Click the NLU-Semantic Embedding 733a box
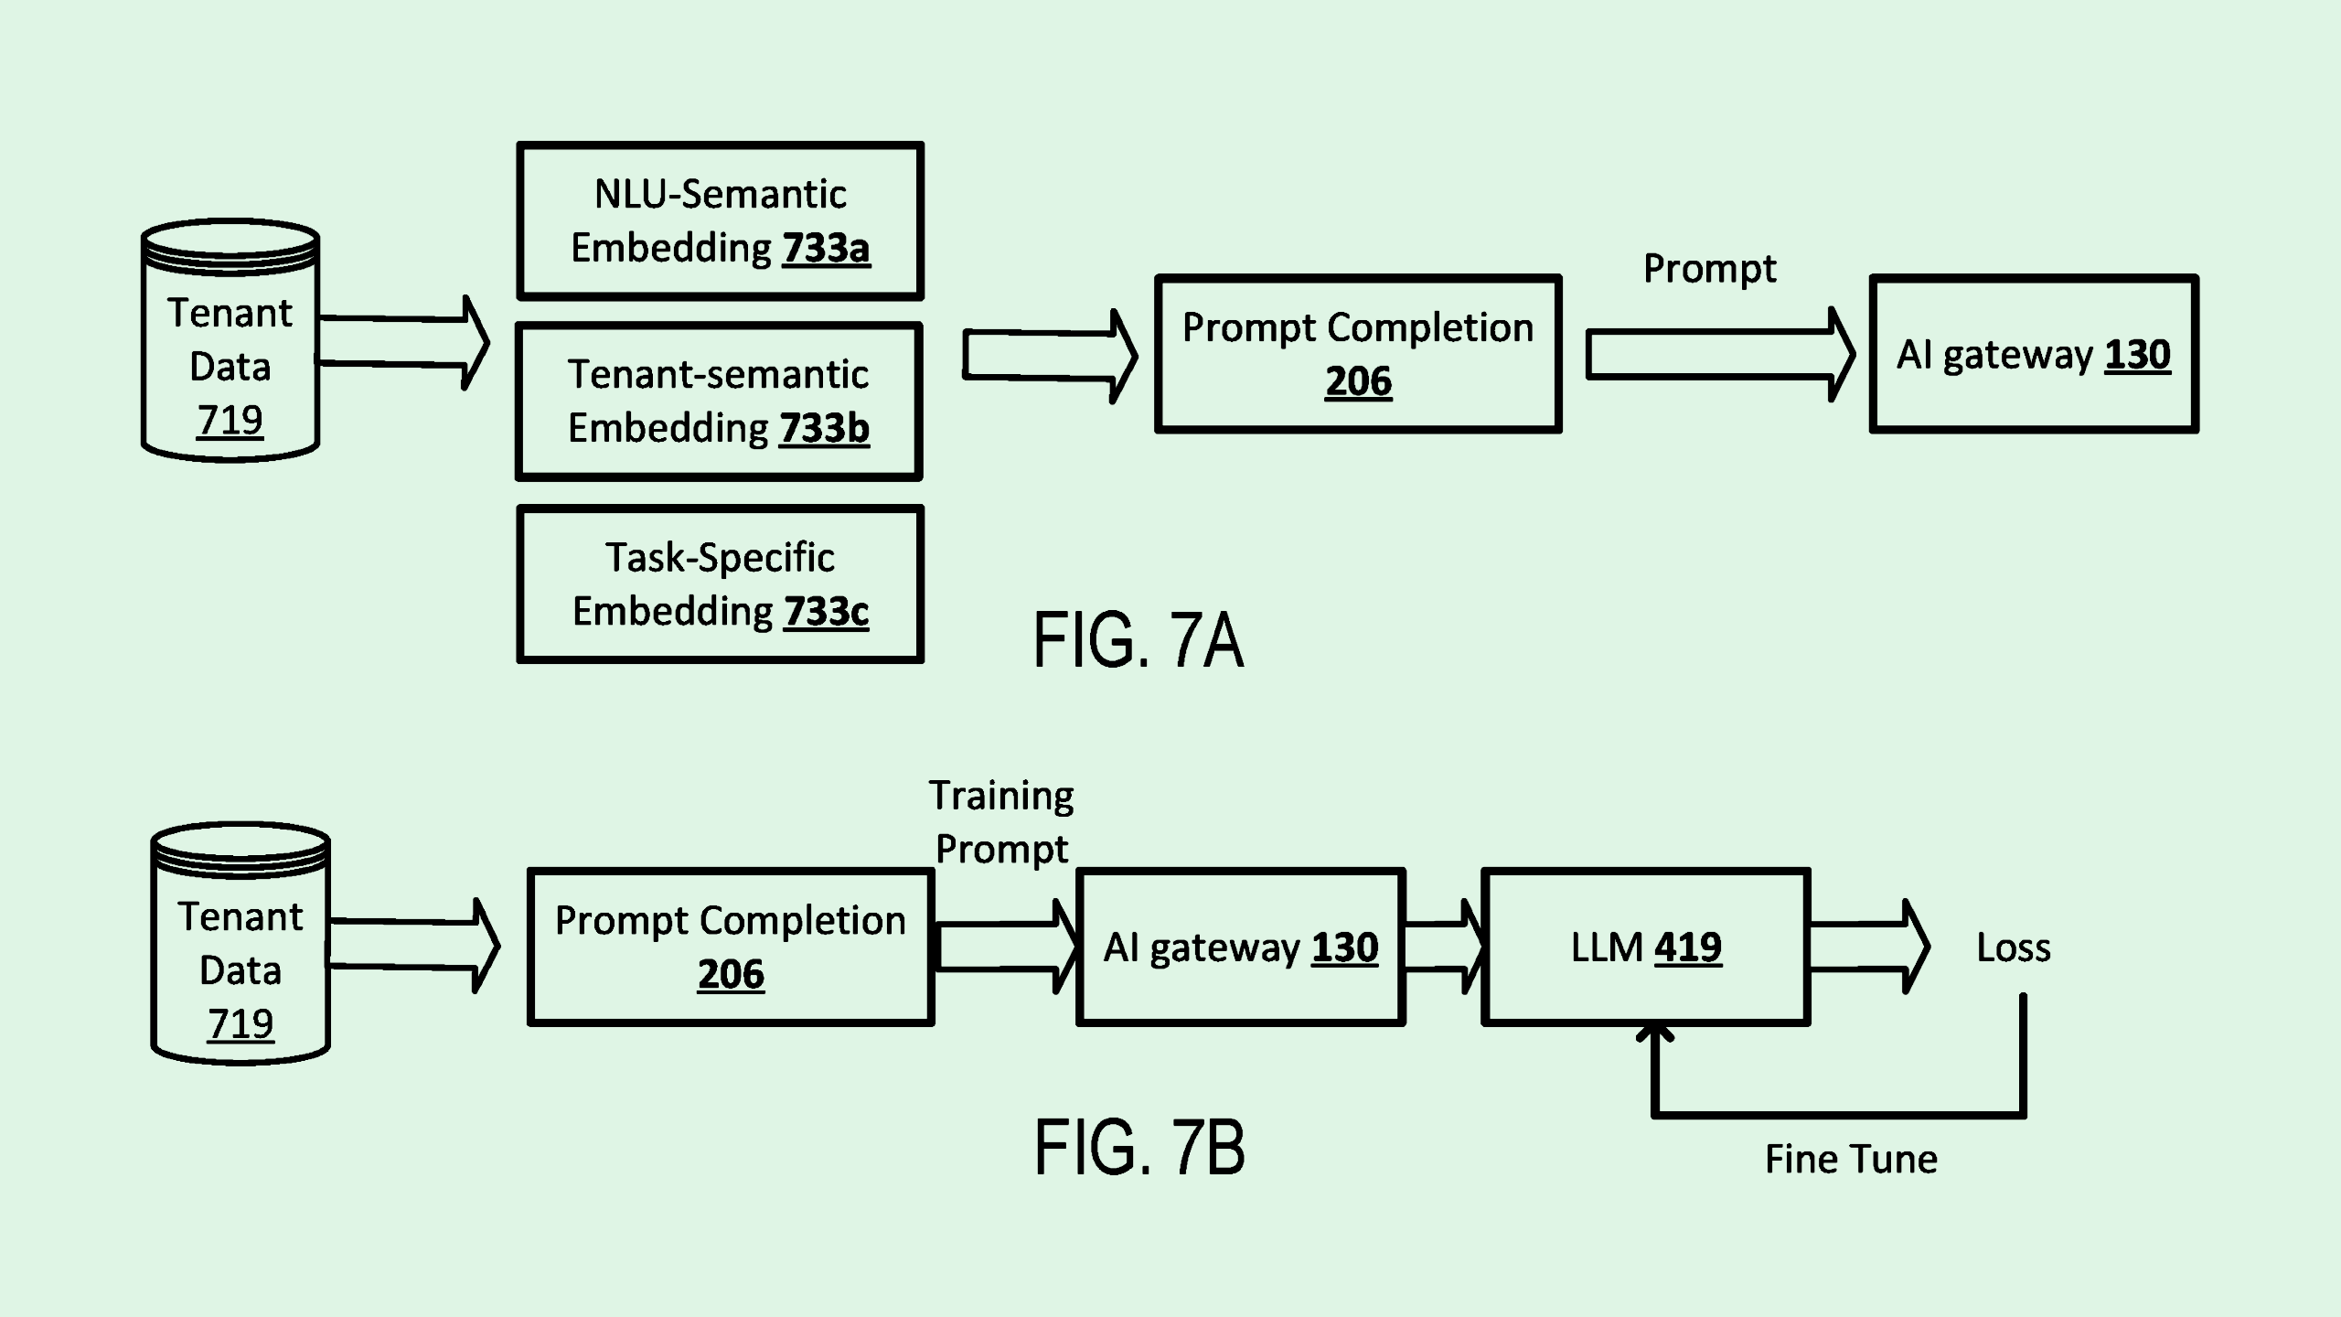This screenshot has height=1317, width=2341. (x=720, y=220)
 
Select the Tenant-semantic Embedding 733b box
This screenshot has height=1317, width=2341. (x=719, y=401)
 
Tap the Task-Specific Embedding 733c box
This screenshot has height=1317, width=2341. (x=720, y=584)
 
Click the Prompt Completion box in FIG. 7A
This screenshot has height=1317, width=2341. (x=1358, y=353)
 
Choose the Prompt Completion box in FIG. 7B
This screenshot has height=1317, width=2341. (x=731, y=947)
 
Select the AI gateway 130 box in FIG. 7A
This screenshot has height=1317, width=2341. (x=2033, y=354)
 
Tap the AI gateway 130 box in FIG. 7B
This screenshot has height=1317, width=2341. (x=1240, y=947)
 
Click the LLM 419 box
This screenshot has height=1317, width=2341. (x=1645, y=947)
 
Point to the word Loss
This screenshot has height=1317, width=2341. (x=2013, y=948)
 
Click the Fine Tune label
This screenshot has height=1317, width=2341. (x=1851, y=1159)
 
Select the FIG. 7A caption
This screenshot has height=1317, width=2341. (x=1138, y=640)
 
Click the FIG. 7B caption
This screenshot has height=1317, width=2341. (x=1139, y=1148)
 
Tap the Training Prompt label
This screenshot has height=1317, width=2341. (x=1001, y=822)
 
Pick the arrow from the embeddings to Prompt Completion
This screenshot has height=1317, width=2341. (x=1048, y=356)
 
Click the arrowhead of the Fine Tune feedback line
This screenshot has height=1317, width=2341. (x=1654, y=1033)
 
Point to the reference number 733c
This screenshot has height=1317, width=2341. (x=826, y=611)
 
